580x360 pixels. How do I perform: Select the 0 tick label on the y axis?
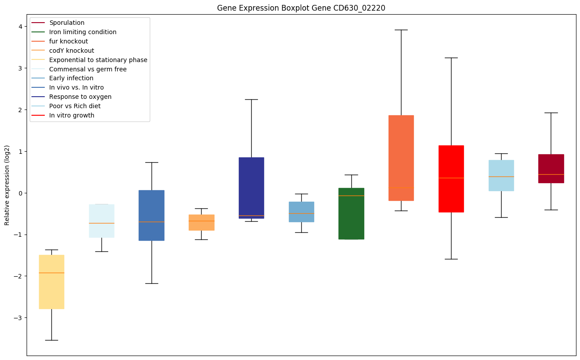coord(20,193)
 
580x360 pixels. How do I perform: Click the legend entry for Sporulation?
coord(67,23)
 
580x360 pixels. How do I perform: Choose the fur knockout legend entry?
coord(69,41)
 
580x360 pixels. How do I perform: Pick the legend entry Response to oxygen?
coord(80,97)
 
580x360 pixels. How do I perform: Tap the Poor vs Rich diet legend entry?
coord(75,106)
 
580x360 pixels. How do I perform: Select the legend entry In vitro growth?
coord(72,115)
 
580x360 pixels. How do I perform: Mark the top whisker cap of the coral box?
coord(401,30)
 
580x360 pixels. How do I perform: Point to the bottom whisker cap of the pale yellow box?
coord(51,340)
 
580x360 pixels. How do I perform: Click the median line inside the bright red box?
coord(451,178)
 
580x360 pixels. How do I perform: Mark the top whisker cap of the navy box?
coord(251,99)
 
